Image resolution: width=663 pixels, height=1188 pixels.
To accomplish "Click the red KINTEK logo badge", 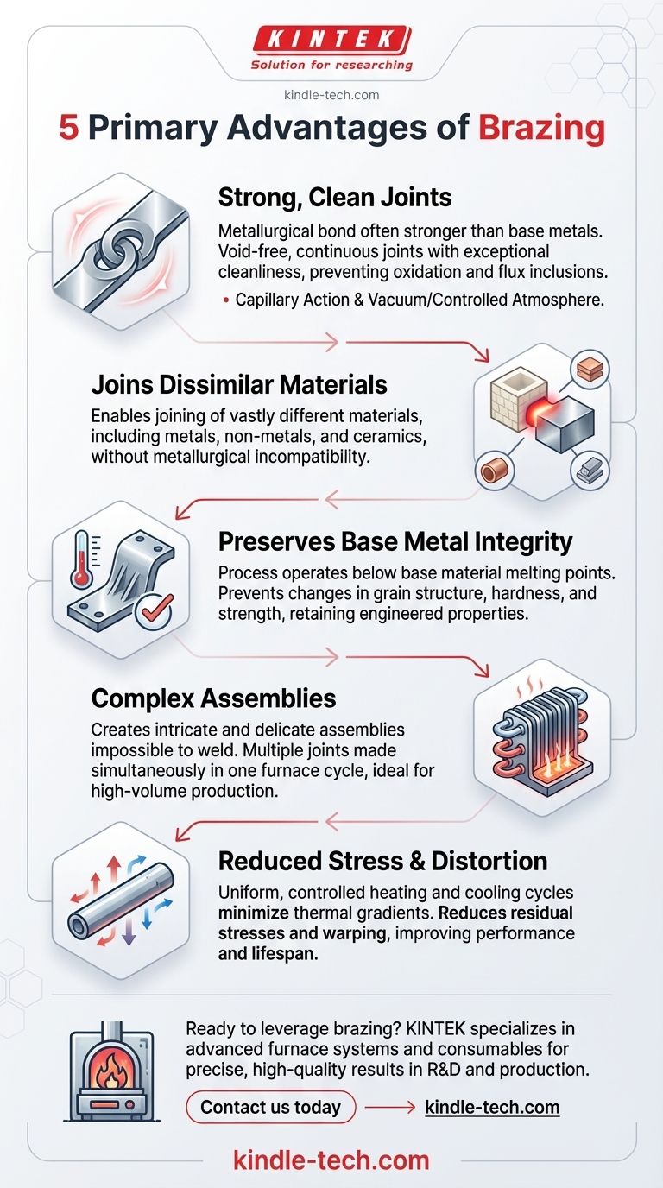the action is tap(332, 41).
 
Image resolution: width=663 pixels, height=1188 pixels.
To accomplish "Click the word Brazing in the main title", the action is tap(541, 128).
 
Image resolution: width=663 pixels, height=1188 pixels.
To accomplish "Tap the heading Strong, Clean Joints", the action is tap(335, 198).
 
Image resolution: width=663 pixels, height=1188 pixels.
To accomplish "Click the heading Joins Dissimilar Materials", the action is tap(239, 384).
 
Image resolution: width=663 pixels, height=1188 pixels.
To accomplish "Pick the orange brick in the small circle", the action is tap(590, 370).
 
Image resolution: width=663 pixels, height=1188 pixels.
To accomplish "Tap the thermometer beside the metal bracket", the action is tap(82, 560).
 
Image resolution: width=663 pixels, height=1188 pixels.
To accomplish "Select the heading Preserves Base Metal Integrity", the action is tap(395, 542).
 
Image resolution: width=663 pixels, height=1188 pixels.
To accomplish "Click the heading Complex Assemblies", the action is tap(214, 698).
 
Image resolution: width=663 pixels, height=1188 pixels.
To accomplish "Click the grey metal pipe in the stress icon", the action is tap(121, 900).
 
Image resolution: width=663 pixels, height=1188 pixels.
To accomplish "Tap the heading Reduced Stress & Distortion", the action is tap(383, 861).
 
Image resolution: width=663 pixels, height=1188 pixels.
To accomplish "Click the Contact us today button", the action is tap(270, 1107).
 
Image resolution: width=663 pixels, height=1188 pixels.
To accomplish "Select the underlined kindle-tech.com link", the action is tap(492, 1108).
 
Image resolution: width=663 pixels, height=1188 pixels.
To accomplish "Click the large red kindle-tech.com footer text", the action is tap(331, 1160).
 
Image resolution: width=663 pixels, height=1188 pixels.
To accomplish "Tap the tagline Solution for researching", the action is tap(331, 66).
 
